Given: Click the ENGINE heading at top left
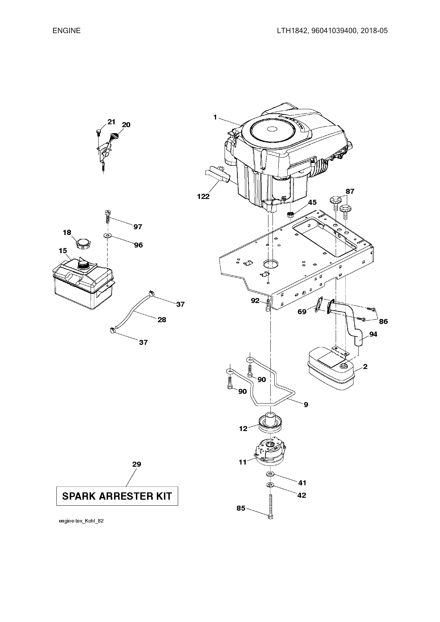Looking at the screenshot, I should (66, 31).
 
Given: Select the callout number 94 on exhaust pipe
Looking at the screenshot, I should (373, 334).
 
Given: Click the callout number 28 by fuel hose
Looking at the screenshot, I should (162, 320).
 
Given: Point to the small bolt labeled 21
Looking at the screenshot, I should (98, 132).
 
